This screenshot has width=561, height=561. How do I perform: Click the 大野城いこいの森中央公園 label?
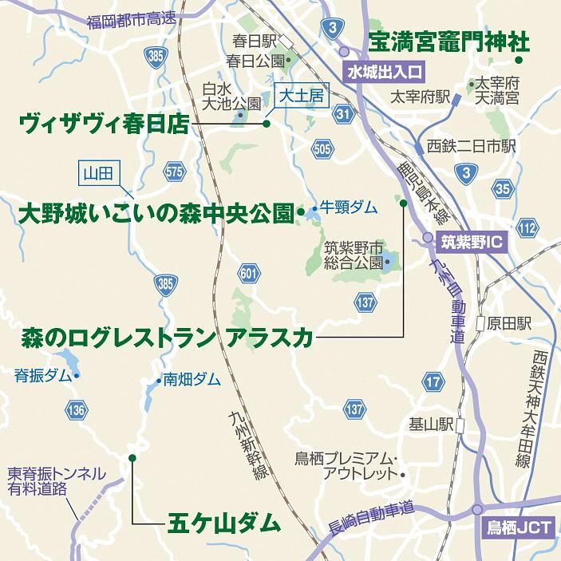coord(156,213)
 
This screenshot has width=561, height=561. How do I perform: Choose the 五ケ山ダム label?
coord(224,523)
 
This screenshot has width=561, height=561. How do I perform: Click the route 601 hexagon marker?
coord(249,275)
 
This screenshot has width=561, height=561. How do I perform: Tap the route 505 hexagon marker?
coord(322,148)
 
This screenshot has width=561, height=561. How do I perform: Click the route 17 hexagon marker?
coord(433,382)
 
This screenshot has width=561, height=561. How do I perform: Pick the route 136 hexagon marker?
coord(77,410)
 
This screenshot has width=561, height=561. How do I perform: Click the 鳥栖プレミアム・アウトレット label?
coord(346,465)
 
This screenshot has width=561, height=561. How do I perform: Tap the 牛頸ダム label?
coord(350,207)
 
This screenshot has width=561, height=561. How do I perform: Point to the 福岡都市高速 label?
coord(132,18)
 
